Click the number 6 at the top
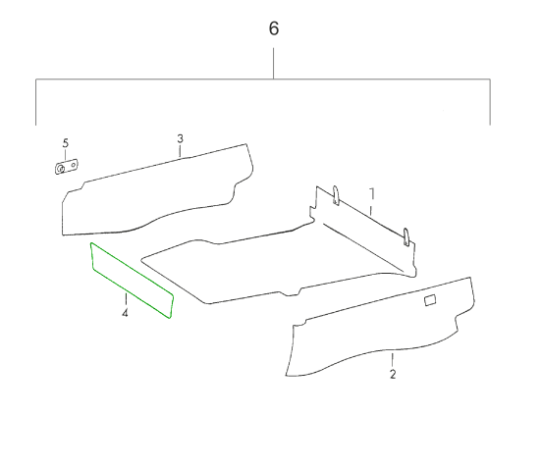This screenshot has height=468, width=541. click(274, 28)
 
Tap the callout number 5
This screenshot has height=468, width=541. click(66, 143)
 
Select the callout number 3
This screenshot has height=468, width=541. click(180, 139)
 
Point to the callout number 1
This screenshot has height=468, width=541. click(372, 194)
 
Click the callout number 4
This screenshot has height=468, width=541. click(125, 313)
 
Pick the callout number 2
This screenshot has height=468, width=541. click(393, 374)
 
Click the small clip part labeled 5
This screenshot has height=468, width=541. click(67, 167)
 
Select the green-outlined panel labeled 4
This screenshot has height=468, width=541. click(132, 280)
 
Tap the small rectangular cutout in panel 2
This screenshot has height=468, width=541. click(430, 300)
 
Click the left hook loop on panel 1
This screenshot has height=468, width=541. click(336, 195)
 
